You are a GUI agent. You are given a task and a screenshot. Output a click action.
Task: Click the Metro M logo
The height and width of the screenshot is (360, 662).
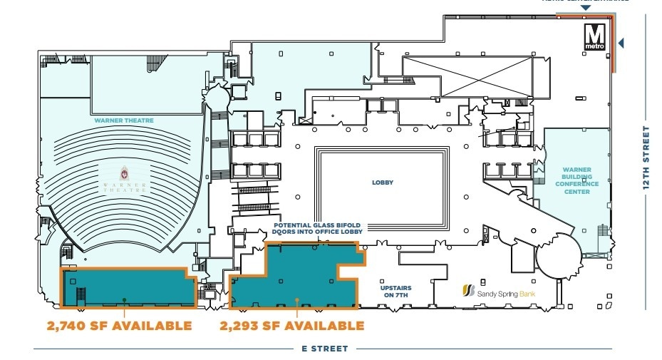[x=594, y=36]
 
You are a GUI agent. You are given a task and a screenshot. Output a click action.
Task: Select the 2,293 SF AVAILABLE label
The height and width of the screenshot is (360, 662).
[x=291, y=326]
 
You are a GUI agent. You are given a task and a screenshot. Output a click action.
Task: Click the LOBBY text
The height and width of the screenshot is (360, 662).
[x=383, y=182]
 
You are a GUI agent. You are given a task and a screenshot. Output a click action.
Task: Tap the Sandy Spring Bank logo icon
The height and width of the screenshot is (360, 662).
[x=467, y=290]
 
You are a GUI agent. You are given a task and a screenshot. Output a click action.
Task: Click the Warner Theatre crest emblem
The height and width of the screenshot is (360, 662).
[x=125, y=173]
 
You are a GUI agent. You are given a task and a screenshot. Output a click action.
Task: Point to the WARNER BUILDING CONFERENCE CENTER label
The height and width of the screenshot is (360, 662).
[x=578, y=180]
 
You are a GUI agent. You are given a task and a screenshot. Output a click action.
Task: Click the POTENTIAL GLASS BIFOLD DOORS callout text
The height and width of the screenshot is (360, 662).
[x=319, y=228]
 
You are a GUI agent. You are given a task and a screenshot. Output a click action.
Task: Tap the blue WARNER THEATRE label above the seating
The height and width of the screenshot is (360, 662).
[x=124, y=120]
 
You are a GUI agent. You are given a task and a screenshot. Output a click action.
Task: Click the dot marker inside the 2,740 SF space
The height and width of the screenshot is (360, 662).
[x=125, y=300]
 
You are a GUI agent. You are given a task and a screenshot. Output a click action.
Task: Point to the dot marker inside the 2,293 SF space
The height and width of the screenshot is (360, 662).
[x=296, y=300]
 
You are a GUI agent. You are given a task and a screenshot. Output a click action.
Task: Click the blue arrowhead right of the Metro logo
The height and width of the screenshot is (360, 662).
[x=621, y=43]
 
